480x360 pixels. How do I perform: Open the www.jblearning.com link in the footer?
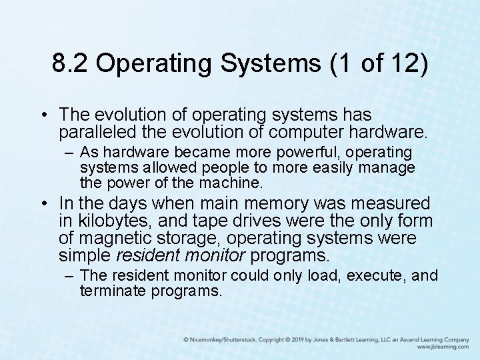click(x=443, y=347)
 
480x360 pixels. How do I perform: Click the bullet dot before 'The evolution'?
click(x=43, y=115)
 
